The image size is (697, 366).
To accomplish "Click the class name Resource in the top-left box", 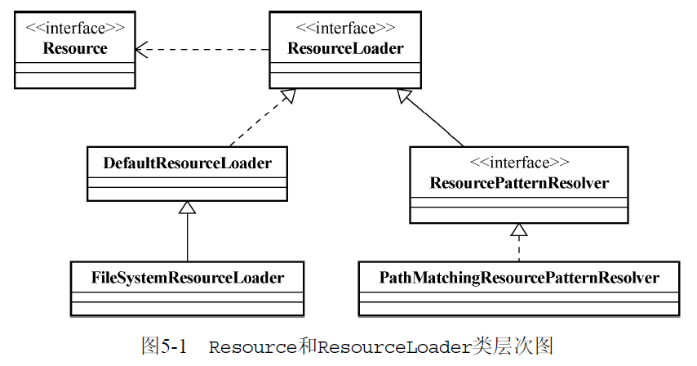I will coord(74,49).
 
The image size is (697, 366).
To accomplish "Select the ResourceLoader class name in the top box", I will coord(345,49).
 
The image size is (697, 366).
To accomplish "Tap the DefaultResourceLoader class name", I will coord(187,163).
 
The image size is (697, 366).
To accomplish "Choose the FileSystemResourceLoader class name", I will coord(187,278).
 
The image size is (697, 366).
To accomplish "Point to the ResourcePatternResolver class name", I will coord(519,183).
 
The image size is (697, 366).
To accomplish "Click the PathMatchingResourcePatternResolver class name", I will coord(519,278).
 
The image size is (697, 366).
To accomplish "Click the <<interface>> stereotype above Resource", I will coord(74,29).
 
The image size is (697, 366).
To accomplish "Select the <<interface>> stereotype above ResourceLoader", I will coord(345,29).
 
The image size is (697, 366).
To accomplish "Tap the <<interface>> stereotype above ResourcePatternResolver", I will coord(519,163).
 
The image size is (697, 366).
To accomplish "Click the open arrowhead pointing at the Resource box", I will coord(141,49).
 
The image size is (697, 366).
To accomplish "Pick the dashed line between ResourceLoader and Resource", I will coord(204,49).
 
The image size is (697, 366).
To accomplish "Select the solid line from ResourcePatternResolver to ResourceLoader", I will coord(437,122).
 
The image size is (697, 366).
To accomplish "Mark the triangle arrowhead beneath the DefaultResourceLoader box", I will coord(188,208).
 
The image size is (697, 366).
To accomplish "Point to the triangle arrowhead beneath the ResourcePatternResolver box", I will coord(519,229).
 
